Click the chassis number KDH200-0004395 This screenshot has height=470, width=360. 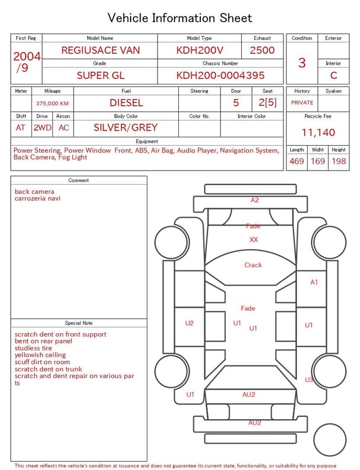[x=220, y=75]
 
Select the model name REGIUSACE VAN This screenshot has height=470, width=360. [x=101, y=50]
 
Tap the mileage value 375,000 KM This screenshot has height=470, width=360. [x=52, y=104]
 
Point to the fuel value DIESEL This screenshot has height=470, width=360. [x=127, y=103]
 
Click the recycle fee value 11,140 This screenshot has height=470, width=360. [x=318, y=132]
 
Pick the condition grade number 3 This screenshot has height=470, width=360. [x=302, y=63]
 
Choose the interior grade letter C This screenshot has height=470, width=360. [x=334, y=75]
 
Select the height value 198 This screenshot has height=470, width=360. [x=339, y=161]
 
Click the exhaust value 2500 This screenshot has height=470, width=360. [x=262, y=50]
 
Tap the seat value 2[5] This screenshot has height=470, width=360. [x=268, y=102]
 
